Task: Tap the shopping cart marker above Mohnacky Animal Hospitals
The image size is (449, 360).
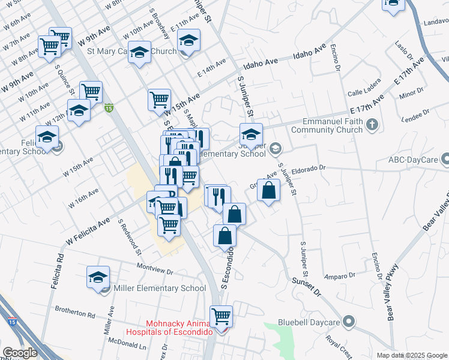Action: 221,315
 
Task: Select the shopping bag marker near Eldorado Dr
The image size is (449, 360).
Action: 269,190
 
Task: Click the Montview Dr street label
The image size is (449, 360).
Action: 154,269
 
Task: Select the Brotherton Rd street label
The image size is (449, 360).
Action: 75,314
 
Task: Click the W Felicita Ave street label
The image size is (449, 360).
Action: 88,232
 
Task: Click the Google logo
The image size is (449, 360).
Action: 20,353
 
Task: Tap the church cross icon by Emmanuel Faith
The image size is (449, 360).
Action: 372,125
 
